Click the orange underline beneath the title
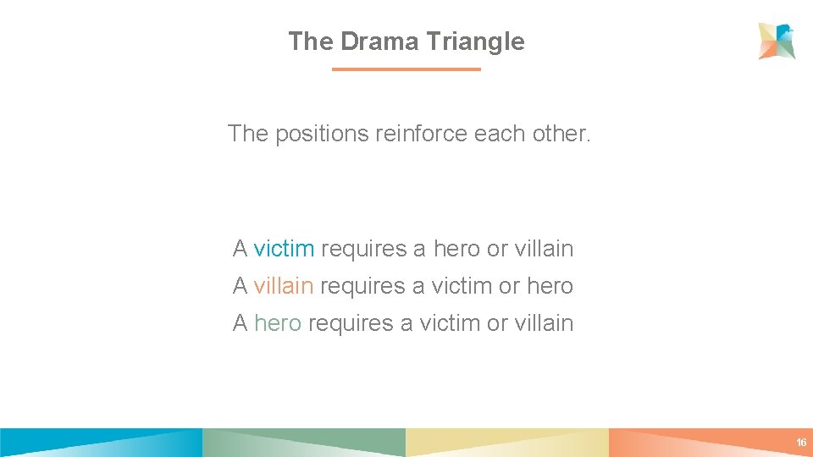(406, 69)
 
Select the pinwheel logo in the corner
(777, 41)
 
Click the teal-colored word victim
(284, 249)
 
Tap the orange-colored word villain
(284, 286)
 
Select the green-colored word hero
(278, 323)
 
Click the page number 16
(800, 443)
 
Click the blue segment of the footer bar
(102, 443)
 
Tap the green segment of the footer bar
(305, 443)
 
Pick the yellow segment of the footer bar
(507, 443)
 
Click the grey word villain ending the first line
(544, 249)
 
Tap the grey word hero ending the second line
(550, 286)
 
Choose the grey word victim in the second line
(462, 286)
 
